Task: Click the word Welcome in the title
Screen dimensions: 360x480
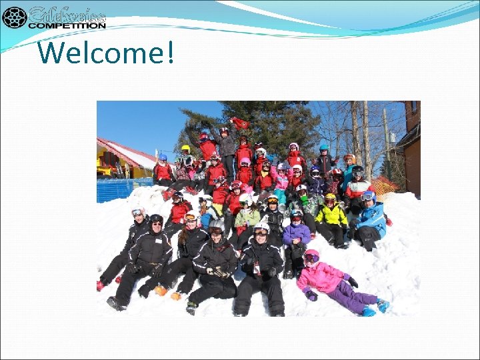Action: (99, 52)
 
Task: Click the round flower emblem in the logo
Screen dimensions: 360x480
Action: (14, 17)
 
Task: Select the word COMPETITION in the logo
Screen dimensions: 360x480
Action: (67, 25)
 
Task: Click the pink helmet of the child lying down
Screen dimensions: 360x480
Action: (311, 255)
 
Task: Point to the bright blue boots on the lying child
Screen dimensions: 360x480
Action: (382, 306)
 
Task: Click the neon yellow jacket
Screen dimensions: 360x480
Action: (331, 215)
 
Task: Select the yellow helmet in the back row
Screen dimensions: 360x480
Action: (185, 148)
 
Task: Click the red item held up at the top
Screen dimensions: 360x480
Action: (239, 123)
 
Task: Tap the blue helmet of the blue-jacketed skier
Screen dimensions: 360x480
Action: (368, 195)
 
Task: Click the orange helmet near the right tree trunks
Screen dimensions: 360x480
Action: (349, 159)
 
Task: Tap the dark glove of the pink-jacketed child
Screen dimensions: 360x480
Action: (311, 294)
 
